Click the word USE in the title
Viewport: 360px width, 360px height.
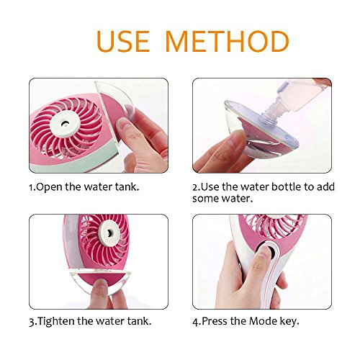123,41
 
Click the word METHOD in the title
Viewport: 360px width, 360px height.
228,41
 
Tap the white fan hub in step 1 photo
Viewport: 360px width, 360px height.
65,124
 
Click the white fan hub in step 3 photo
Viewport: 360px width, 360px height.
109,233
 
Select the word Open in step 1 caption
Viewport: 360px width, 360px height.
49,187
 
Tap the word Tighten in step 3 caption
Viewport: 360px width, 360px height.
56,321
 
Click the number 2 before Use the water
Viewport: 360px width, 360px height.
195,187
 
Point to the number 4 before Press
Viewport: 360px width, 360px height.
196,322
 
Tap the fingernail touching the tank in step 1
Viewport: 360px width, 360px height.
122,124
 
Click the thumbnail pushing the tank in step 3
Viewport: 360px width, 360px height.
101,284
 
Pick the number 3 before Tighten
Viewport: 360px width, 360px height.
32,323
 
